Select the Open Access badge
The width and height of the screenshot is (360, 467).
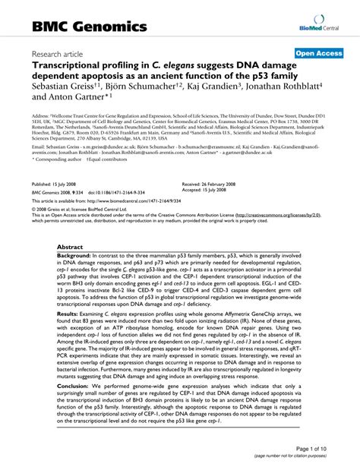[x=319, y=54]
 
